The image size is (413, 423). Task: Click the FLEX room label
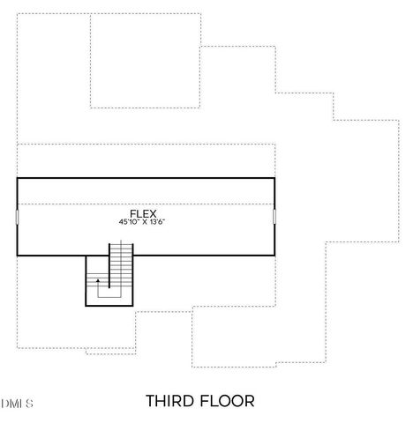(143, 213)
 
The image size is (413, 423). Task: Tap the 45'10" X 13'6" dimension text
(143, 222)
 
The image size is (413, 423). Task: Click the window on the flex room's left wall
(17, 217)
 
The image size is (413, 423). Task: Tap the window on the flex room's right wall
(274, 217)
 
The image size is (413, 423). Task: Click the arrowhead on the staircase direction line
(98, 280)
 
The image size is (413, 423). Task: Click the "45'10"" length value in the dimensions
(130, 222)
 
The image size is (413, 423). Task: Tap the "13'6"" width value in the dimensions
(158, 222)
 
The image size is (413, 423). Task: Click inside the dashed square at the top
(146, 62)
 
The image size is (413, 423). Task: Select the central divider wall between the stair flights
(109, 271)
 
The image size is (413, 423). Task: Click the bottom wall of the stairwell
(109, 305)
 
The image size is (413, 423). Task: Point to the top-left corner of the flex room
(17, 179)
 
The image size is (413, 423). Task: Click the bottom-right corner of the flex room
(274, 255)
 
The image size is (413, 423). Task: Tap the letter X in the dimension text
(144, 222)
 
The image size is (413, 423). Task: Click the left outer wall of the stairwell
(86, 280)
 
